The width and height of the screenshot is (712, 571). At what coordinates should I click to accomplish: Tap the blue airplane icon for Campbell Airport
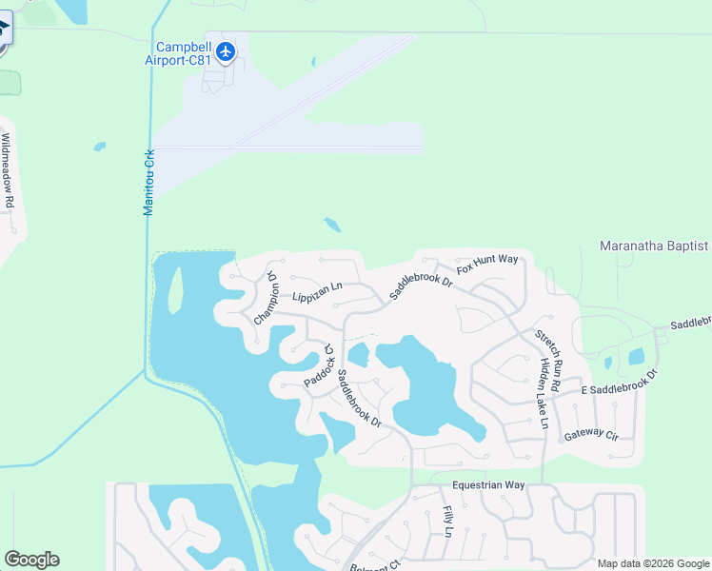[x=226, y=50]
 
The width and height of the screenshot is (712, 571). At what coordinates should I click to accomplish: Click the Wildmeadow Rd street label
[x=8, y=170]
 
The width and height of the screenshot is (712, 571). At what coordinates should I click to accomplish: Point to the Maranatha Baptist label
[x=654, y=246]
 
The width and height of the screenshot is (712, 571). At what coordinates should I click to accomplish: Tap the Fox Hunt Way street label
[x=486, y=264]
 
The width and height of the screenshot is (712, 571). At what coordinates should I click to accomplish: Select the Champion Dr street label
[x=266, y=299]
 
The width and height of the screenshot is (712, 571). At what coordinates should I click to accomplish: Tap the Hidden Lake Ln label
[x=544, y=393]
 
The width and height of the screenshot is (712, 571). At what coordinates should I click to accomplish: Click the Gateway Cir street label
[x=591, y=434]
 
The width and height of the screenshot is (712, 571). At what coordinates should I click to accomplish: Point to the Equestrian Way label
[x=488, y=484]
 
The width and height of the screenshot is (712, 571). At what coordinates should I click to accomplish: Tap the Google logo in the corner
[x=31, y=560]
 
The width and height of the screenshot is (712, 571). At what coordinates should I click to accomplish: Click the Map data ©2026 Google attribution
[x=652, y=563]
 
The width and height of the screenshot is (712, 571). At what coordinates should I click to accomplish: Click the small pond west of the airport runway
[x=100, y=147]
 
